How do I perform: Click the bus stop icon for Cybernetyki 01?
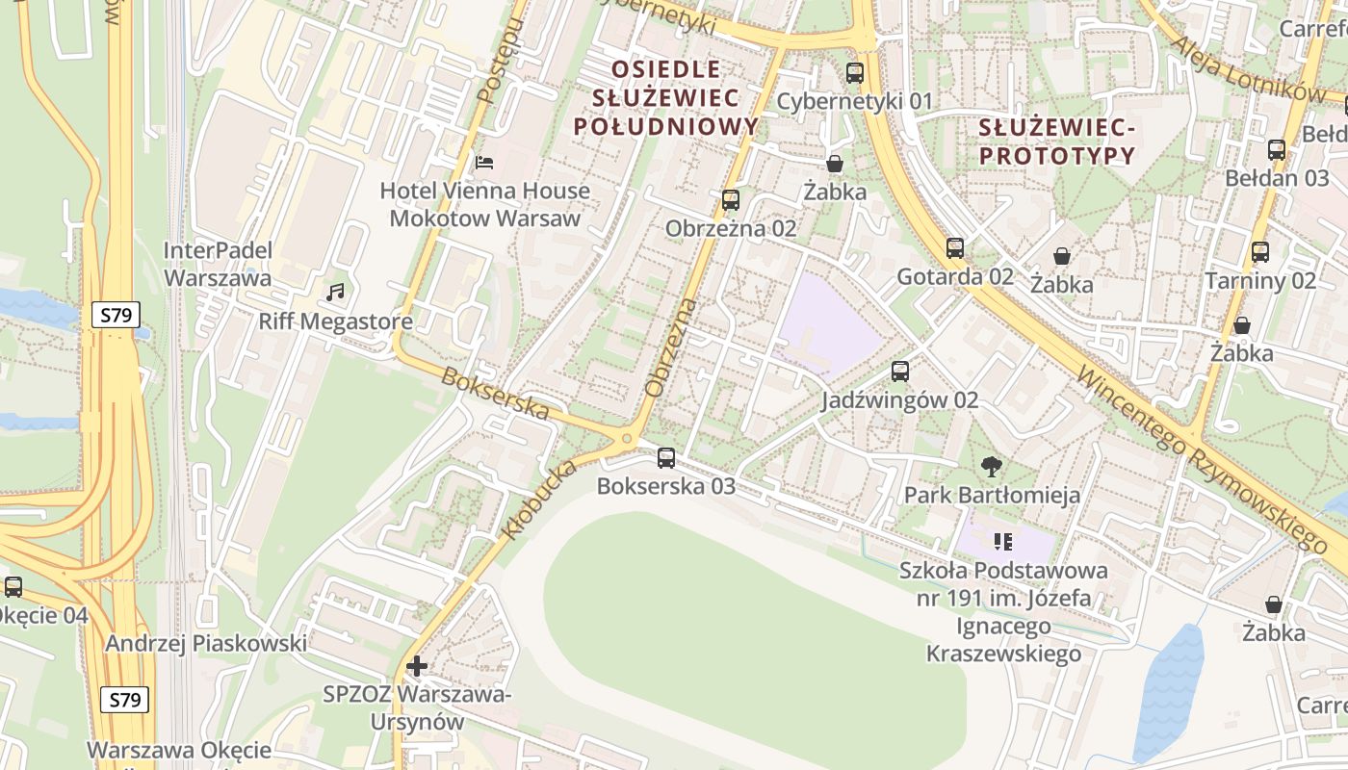854,72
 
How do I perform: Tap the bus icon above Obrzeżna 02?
731,200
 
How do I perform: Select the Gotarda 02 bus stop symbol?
954,247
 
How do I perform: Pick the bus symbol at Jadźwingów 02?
900,371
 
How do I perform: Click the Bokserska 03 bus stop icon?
665,457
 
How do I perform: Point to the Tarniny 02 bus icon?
1260,252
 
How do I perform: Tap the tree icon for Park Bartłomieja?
991,468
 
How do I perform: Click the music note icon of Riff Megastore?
335,292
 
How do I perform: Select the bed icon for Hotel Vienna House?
484,162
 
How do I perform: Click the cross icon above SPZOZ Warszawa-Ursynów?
416,665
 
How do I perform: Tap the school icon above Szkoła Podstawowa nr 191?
1003,542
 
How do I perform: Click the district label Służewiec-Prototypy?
1057,141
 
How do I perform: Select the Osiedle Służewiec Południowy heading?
665,97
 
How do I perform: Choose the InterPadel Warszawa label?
218,264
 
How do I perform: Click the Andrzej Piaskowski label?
207,643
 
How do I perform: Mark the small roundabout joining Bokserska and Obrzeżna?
627,439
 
